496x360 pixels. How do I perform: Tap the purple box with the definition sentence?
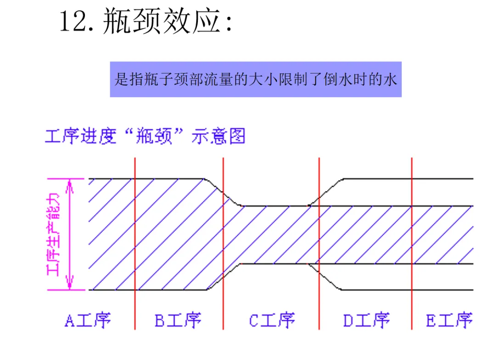[x=255, y=79]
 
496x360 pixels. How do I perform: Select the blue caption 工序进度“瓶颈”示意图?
[x=145, y=136]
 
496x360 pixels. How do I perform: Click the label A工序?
[x=88, y=320]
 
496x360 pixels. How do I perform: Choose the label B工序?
[x=178, y=320]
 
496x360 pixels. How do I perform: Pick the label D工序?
[x=366, y=320]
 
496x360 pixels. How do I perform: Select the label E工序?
[x=449, y=320]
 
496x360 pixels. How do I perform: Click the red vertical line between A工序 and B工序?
[x=135, y=243]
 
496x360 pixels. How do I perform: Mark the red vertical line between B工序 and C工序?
[x=223, y=243]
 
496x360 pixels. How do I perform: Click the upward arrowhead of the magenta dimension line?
[x=70, y=185]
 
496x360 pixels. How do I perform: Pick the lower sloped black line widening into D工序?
[x=327, y=277]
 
